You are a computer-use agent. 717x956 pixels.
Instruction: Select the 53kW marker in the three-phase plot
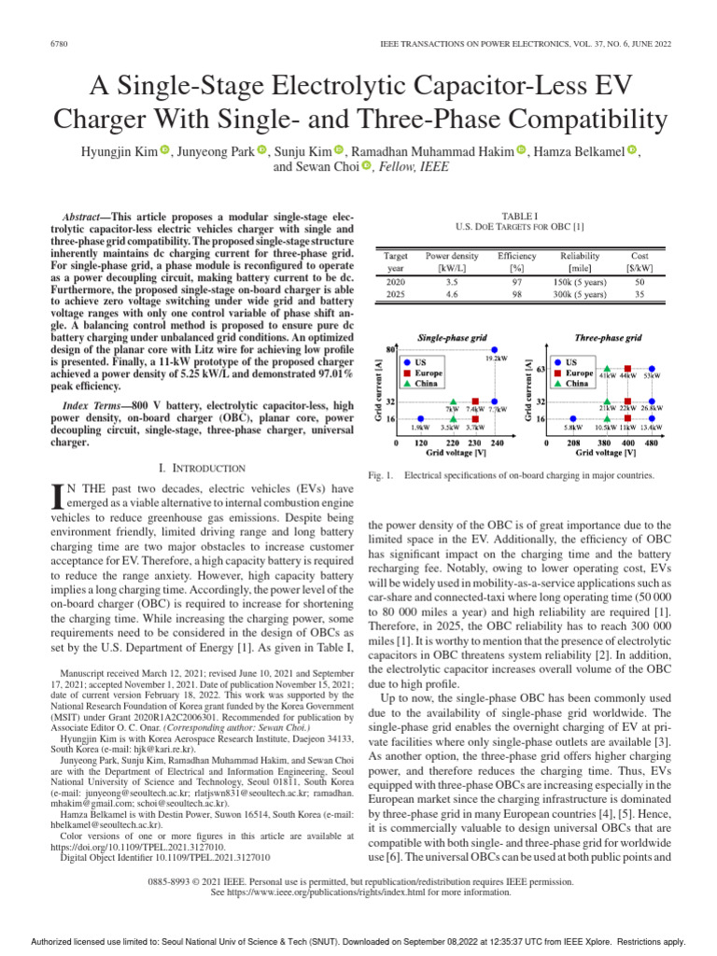click(653, 368)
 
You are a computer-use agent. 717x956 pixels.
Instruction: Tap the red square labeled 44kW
click(628, 368)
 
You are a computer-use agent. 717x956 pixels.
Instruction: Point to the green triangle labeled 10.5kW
click(605, 418)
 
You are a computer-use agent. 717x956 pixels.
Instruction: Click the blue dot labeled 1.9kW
click(421, 418)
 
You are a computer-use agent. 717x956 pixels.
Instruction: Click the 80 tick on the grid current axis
click(387, 349)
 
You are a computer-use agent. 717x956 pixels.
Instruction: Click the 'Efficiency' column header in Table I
click(516, 255)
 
